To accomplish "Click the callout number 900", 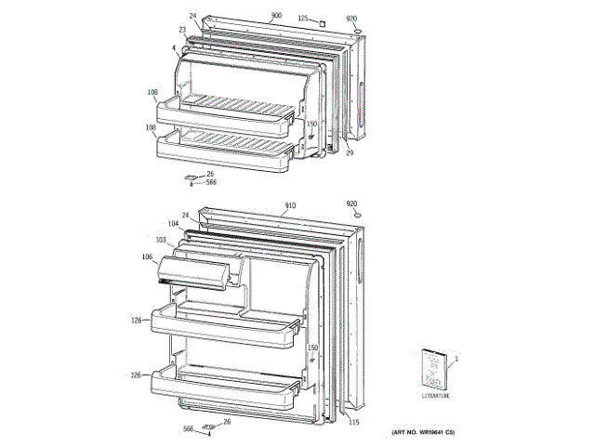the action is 276,16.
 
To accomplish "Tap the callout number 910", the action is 290,205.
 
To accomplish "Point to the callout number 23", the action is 183,30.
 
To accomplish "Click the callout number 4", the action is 173,47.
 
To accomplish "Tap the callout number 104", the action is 173,225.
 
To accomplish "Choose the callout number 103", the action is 161,240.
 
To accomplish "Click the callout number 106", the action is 147,256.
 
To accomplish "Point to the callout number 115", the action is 353,425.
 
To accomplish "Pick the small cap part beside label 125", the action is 321,21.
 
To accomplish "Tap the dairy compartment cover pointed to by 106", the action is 195,271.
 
